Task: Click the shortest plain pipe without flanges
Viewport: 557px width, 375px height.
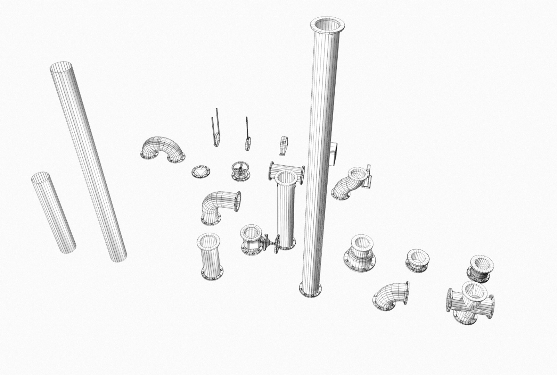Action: pyautogui.click(x=53, y=212)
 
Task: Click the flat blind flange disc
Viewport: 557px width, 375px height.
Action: pyautogui.click(x=201, y=172)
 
